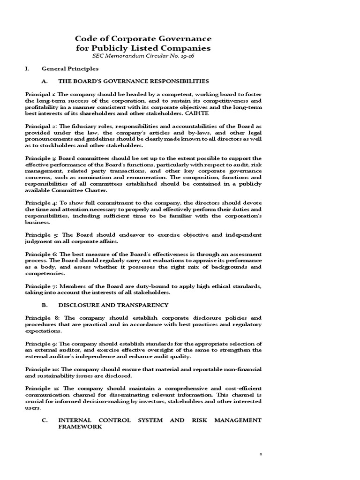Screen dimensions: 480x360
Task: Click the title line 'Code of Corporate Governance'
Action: [x=143, y=38]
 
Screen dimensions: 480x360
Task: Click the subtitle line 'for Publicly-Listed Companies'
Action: [x=143, y=48]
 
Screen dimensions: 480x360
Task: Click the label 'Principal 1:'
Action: [x=39, y=94]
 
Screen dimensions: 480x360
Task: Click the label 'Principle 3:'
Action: [x=40, y=158]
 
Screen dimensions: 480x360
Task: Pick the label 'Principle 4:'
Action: [x=40, y=202]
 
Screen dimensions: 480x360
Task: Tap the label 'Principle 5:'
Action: [x=41, y=235]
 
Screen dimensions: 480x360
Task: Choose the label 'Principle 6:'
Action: [x=40, y=254]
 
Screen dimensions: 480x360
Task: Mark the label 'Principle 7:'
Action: [x=40, y=286]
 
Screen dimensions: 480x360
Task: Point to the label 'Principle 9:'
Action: [x=40, y=344]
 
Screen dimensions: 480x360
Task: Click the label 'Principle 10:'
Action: [x=42, y=369]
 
